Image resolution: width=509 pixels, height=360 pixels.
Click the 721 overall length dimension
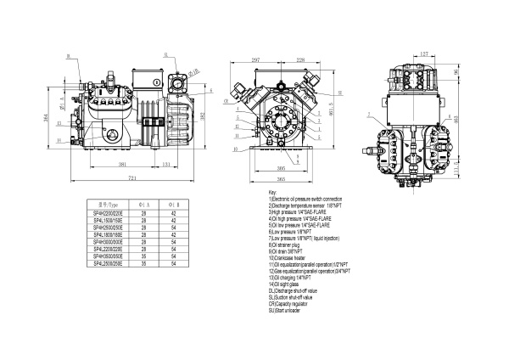tap(131, 179)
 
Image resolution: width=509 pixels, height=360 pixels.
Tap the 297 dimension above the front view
tap(255, 60)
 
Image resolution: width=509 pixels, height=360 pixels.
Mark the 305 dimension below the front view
tap(281, 169)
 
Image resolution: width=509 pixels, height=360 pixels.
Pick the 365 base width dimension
tap(281, 180)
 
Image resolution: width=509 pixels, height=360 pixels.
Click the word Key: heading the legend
tap(271, 194)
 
